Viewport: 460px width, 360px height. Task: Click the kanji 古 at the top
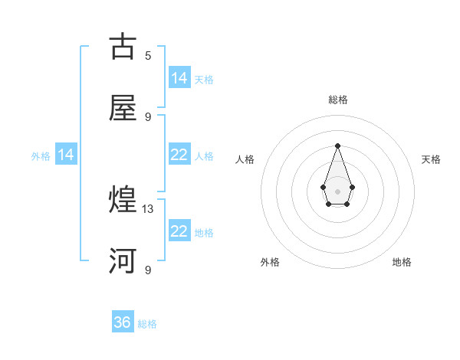[x=123, y=47]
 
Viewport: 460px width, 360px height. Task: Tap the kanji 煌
[x=123, y=201]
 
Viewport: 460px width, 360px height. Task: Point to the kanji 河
[x=123, y=260]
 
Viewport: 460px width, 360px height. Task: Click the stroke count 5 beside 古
[x=148, y=56]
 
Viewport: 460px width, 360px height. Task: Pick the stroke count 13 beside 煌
[x=148, y=209]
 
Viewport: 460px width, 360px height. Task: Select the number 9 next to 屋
[x=148, y=116]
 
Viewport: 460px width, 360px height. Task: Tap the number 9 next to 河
[x=148, y=270]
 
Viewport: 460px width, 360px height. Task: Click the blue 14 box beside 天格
[x=179, y=78]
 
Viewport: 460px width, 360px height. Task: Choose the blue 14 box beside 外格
[x=66, y=155]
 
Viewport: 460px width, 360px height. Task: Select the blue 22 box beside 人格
[x=179, y=155]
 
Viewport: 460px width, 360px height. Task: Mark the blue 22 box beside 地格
[x=179, y=231]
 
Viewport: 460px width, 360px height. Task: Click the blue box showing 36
[x=123, y=322]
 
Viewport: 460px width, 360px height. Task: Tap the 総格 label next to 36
[x=147, y=324]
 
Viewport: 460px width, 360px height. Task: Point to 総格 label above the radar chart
[x=337, y=100]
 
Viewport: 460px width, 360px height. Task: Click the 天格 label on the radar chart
[x=431, y=159]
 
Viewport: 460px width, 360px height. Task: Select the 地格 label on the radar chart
[x=402, y=262]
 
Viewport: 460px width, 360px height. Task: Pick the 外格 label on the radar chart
[x=270, y=262]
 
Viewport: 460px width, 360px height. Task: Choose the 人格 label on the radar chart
[x=245, y=159]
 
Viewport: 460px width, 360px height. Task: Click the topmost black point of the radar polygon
[x=337, y=145]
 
